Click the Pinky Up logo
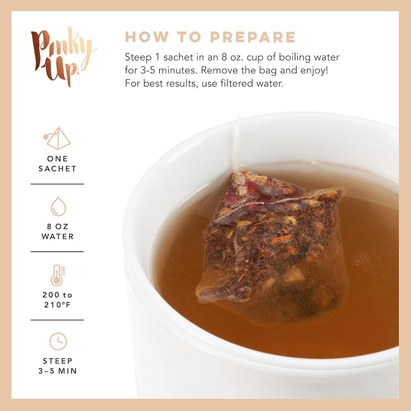point(63,56)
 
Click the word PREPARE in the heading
point(253,37)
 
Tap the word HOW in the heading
point(146,37)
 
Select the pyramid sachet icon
point(57,138)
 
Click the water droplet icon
point(58,206)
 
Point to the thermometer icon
point(58,275)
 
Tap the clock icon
point(58,341)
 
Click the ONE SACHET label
point(58,163)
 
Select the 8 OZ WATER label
point(58,231)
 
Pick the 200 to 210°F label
point(58,300)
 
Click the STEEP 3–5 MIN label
point(58,366)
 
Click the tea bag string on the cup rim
point(235,143)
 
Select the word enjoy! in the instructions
point(314,70)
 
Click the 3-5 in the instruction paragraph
point(146,70)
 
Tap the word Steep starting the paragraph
point(138,58)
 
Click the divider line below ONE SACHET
point(57,184)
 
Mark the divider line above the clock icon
point(57,320)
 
